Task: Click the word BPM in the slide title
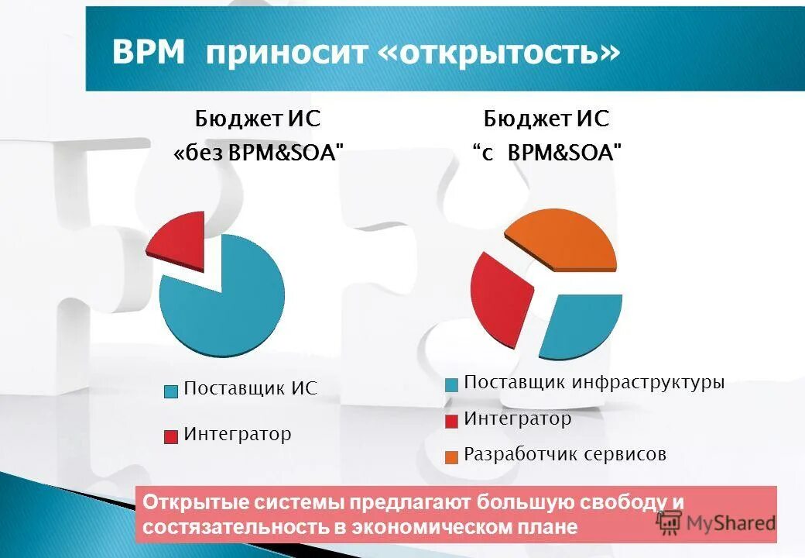(149, 53)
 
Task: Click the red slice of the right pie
(499, 294)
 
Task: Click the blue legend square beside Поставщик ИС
(171, 391)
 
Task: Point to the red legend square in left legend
(171, 436)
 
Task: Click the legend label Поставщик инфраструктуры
(594, 383)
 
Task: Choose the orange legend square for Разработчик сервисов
(451, 456)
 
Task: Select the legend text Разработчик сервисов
(565, 454)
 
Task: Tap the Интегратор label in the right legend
(518, 419)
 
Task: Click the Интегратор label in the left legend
(238, 434)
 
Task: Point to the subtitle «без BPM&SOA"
(259, 153)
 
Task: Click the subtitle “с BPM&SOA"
(546, 153)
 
